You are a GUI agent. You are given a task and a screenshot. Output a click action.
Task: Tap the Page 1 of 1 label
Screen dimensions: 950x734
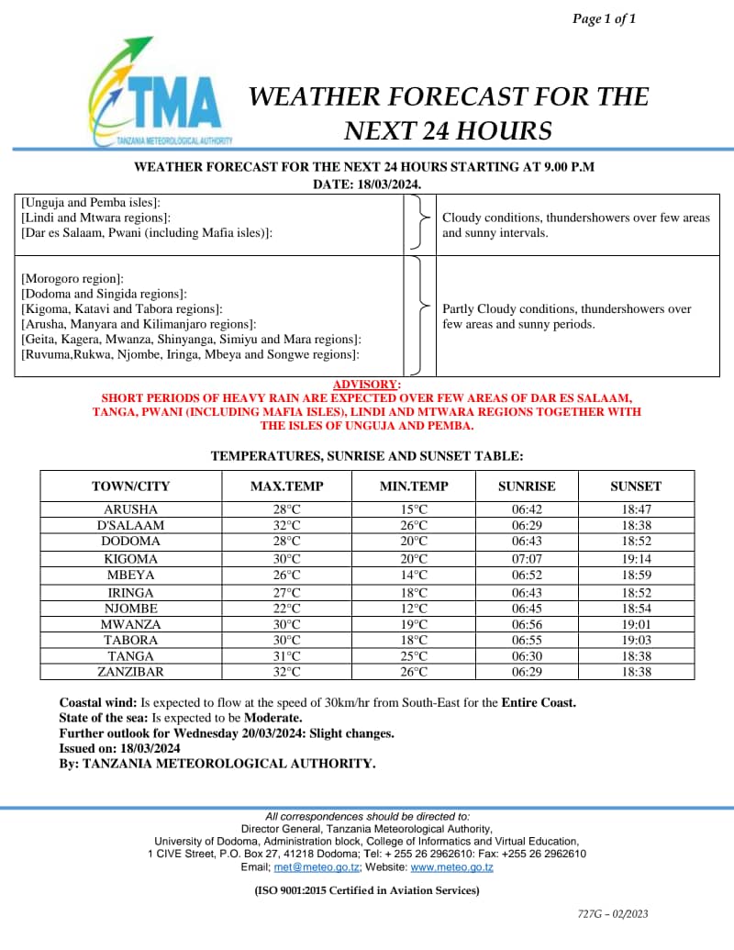click(604, 18)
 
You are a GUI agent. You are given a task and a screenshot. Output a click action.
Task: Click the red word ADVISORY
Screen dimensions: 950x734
click(365, 384)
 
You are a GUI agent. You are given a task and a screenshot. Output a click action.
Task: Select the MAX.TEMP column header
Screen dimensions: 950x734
click(287, 486)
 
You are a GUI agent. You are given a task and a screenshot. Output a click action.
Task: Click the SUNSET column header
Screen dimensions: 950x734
click(636, 486)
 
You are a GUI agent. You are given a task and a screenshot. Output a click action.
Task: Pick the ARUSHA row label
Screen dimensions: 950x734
click(130, 509)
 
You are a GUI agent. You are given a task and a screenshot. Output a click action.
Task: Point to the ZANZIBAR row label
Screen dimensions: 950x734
click(130, 672)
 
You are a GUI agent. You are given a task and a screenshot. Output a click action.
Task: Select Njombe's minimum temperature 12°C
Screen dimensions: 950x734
click(414, 608)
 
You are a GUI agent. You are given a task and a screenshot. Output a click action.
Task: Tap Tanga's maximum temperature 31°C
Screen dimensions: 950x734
click(287, 656)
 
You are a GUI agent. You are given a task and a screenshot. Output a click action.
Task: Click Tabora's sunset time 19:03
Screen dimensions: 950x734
click(636, 640)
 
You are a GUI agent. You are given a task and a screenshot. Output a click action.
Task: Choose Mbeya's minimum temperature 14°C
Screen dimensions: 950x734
click(414, 575)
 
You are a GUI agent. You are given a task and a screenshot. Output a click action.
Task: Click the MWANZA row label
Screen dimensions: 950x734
click(130, 624)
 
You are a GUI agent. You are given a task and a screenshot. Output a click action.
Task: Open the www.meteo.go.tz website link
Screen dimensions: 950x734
click(451, 867)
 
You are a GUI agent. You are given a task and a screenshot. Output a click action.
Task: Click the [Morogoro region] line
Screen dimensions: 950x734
click(72, 277)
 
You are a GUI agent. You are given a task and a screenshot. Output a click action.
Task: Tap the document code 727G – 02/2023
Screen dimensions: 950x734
click(613, 913)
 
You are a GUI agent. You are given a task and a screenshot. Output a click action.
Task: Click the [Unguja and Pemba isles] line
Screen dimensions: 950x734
click(91, 202)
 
